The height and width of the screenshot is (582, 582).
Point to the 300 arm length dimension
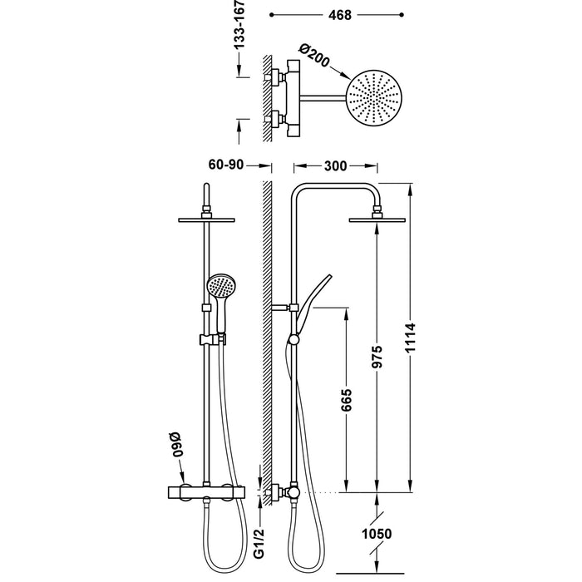[335, 165]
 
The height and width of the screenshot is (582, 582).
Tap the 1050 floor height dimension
[377, 534]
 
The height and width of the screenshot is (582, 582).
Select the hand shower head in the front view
[219, 287]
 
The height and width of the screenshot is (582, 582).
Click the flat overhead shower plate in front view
[207, 219]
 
